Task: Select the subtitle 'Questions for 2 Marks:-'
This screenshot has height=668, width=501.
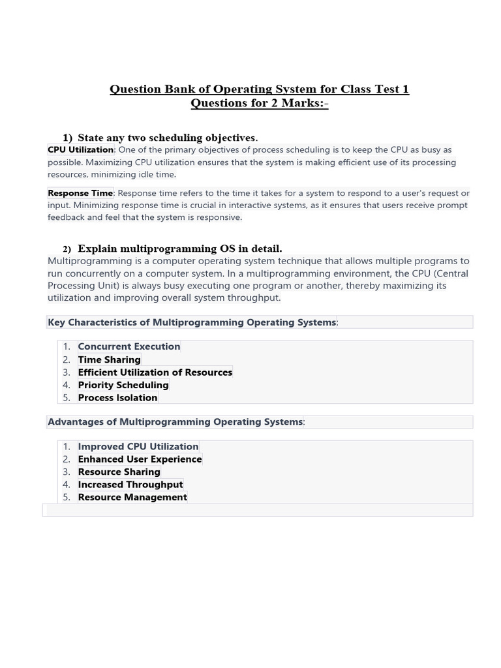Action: (x=259, y=104)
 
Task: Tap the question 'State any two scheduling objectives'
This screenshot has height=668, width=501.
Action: (x=167, y=138)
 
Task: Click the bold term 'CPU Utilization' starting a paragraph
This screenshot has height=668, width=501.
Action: (x=80, y=150)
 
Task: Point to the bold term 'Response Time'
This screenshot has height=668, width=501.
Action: (x=80, y=193)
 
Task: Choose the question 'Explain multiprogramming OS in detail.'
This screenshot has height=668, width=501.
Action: (x=179, y=249)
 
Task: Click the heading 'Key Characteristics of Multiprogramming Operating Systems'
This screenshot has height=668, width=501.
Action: (x=192, y=322)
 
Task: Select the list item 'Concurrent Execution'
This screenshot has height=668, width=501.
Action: (x=129, y=346)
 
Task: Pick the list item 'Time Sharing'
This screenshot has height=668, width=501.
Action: (x=109, y=359)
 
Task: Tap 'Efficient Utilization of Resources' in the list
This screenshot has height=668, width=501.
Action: (x=155, y=372)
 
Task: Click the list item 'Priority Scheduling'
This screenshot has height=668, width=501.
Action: (x=123, y=385)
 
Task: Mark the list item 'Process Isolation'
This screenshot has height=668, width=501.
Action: (x=117, y=398)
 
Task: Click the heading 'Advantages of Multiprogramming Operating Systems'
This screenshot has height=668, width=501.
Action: (x=175, y=422)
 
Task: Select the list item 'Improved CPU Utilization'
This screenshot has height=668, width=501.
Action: (x=138, y=447)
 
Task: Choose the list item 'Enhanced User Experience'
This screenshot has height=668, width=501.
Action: (x=140, y=459)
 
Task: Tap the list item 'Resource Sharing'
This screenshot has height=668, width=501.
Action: (x=119, y=472)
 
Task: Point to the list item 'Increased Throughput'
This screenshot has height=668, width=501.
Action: (x=130, y=485)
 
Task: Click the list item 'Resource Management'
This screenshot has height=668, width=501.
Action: (x=132, y=497)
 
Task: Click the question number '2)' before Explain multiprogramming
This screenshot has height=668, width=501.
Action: (x=67, y=249)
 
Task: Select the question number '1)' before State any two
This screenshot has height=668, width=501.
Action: (x=67, y=138)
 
